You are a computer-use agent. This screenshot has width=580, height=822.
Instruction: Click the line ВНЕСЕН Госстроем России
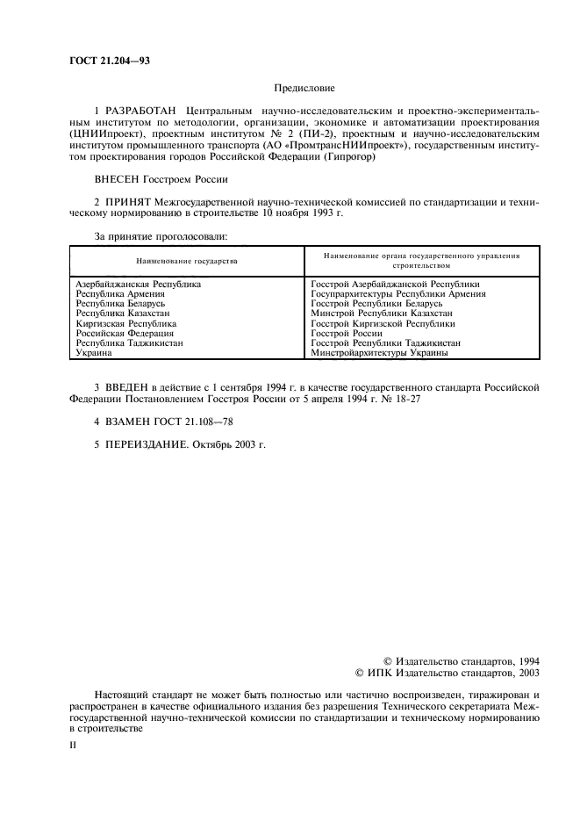coord(161,179)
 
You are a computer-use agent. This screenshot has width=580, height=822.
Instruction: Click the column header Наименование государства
coord(186,261)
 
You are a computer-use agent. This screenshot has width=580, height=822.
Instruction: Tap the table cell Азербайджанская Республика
coord(139,285)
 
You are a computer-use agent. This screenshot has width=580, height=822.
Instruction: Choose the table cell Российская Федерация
coord(125,334)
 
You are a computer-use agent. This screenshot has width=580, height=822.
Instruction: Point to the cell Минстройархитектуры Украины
coord(380,353)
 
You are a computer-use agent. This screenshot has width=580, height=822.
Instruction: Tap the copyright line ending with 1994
coord(462,660)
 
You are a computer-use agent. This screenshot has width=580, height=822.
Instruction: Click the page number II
coord(73,744)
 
